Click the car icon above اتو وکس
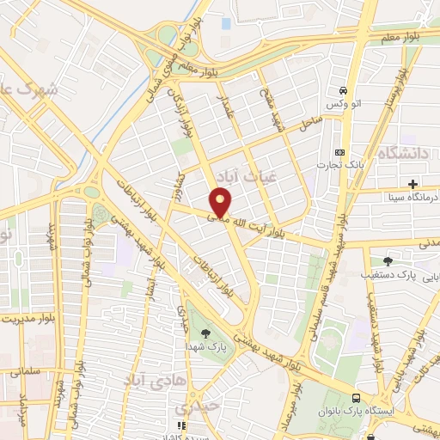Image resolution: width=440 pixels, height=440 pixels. pos(342,90)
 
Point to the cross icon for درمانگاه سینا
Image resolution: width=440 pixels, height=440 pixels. pos(413,183)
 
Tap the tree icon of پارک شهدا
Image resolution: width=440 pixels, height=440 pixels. pos(205,333)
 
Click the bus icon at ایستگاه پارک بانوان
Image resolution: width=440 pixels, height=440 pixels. pos(356,398)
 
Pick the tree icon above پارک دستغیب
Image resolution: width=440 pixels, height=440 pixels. pos(389,260)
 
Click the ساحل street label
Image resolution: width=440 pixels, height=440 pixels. pos(309,125)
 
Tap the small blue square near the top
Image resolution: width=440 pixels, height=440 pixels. pos(226,23)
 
